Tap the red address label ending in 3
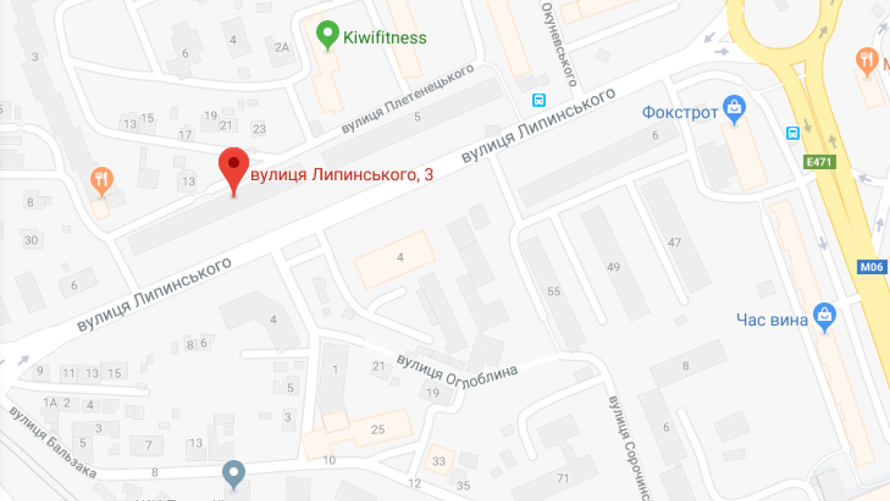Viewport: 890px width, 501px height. pos(341,175)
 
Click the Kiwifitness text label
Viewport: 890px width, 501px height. pos(385,38)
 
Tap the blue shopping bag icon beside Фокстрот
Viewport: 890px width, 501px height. pos(734,108)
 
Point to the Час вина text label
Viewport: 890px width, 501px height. pos(772,319)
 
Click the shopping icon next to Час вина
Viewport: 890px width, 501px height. pos(825,317)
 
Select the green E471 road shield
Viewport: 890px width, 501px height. pos(820,162)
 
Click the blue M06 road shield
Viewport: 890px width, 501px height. pos(873,267)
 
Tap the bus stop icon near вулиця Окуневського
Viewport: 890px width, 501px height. pos(539,100)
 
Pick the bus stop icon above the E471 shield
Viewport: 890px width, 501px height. pos(793,133)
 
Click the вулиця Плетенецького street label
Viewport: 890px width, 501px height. pos(407,100)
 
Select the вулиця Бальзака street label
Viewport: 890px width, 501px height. pos(52,443)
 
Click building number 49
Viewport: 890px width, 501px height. pos(613,267)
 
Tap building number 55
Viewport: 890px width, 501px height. pos(553,292)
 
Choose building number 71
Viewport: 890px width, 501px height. pos(563,478)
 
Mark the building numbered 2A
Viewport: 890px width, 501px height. pos(281,47)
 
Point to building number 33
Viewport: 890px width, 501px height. pos(439,461)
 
